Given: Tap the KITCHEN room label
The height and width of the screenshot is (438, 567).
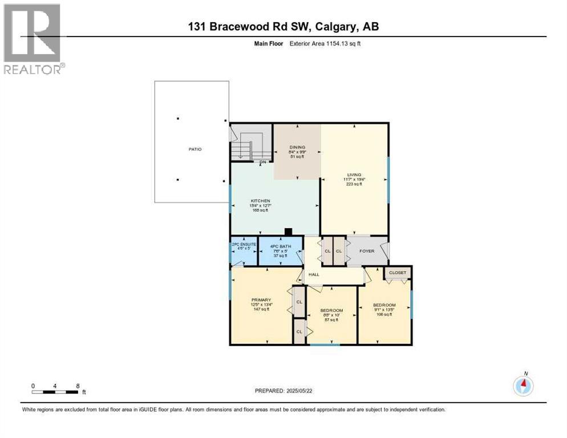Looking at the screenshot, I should point(260,201).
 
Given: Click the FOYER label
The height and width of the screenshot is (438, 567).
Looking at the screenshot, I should point(367,251).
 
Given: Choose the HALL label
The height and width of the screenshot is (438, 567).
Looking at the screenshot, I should point(314,274).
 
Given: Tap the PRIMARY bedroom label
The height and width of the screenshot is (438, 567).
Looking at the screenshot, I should point(261,299).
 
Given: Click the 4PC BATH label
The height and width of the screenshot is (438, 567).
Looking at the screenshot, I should point(280,247).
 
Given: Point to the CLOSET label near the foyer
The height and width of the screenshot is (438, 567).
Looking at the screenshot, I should point(398,273).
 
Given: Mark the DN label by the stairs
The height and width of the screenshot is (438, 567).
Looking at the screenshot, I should point(263,162).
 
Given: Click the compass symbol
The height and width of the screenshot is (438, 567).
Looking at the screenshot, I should point(523,386).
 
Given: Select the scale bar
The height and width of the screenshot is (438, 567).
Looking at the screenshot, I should point(55,392).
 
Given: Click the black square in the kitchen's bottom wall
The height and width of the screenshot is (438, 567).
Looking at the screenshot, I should point(289,232).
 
